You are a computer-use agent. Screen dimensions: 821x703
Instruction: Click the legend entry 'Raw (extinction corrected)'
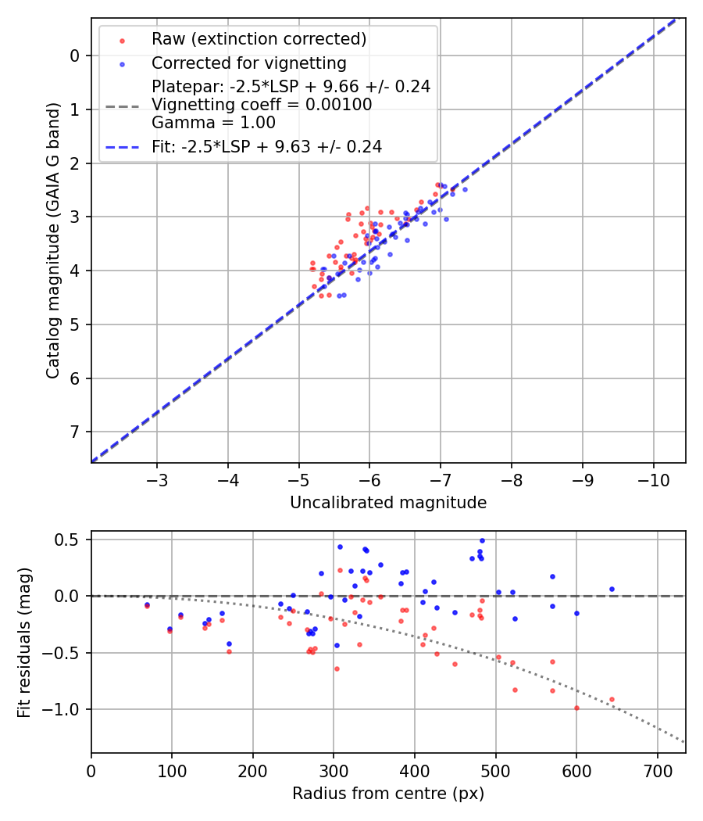259,39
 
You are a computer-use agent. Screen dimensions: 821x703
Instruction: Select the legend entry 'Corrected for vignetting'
248,63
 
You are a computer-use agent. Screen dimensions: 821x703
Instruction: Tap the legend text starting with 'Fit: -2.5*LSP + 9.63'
266,146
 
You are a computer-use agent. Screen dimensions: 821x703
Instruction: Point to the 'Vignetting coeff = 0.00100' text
262,104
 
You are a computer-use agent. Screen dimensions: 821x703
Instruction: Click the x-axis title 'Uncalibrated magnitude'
388,503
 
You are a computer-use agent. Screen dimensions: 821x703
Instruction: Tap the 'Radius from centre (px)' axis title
388,794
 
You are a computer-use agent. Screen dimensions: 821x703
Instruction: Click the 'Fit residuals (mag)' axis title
24,642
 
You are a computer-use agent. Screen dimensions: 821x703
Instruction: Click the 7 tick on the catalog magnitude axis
76,432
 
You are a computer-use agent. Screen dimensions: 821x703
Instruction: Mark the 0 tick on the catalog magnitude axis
76,56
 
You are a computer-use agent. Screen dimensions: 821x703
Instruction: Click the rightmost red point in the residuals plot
612,699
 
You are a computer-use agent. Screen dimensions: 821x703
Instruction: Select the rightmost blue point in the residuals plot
612,589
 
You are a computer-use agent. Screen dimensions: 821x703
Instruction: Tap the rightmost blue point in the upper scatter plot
465,189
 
